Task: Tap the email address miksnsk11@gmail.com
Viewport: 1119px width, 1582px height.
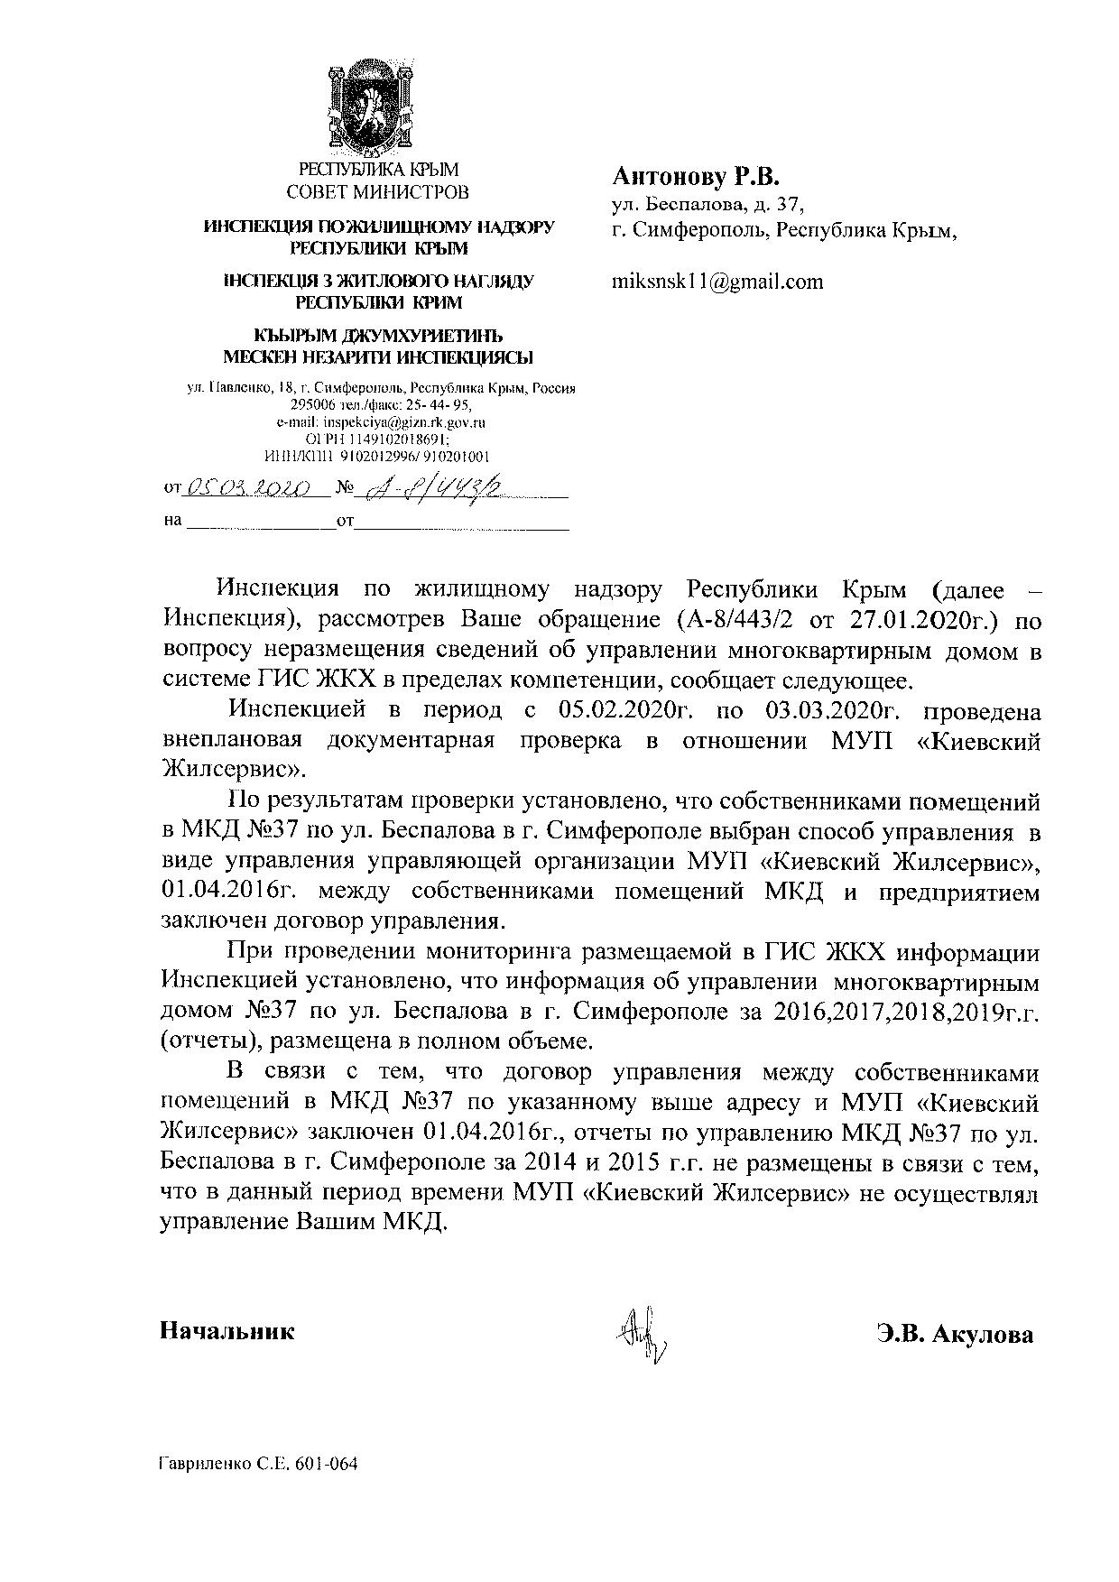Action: (717, 281)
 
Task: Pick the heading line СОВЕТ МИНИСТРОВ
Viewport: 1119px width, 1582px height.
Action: (377, 191)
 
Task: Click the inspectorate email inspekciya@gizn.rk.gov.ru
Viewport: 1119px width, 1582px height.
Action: (381, 421)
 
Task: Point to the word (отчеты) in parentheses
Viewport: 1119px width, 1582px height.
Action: (200, 1041)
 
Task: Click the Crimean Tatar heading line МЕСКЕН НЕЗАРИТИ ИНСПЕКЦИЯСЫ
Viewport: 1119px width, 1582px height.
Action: (377, 356)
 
